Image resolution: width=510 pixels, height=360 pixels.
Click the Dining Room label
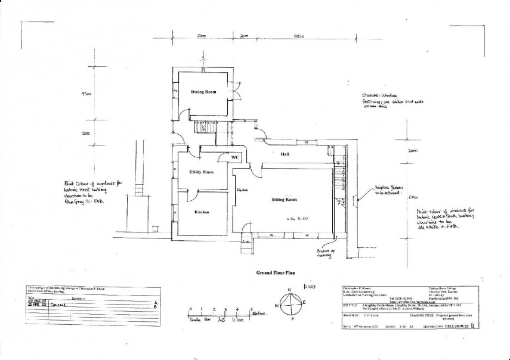coord(203,92)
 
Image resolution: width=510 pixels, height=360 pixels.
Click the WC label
coord(234,157)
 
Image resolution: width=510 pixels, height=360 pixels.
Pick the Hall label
coord(285,154)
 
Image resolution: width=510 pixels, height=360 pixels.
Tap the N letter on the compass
coord(289,290)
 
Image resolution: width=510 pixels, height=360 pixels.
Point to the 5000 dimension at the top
coord(202,37)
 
